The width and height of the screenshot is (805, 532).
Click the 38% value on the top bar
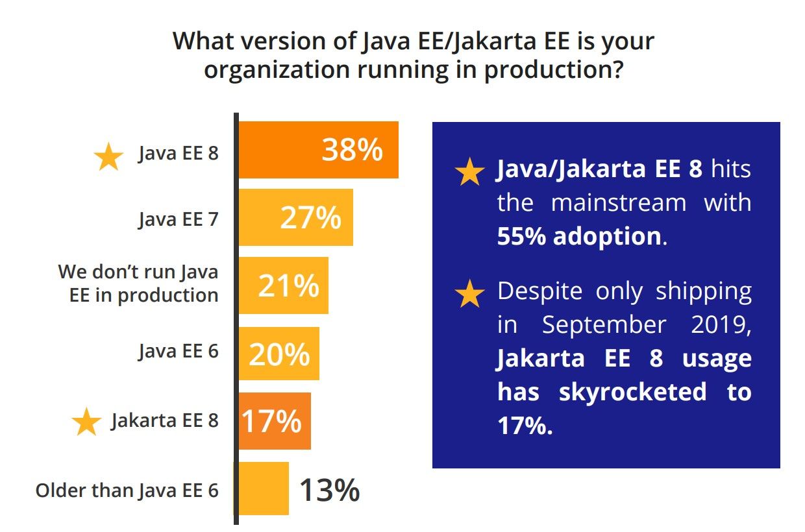click(352, 151)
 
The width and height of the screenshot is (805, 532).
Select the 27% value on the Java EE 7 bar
click(310, 218)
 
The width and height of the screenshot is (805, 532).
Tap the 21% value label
click(288, 285)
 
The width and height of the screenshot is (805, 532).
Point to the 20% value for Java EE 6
click(279, 354)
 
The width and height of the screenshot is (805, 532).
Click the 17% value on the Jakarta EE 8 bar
click(272, 421)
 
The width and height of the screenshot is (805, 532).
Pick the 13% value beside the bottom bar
click(329, 490)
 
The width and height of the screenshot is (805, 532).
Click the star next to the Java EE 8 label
click(108, 158)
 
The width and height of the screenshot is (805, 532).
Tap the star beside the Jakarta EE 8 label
click(86, 423)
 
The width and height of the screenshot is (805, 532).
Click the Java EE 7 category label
click(178, 219)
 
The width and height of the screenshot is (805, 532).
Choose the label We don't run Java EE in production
click(138, 283)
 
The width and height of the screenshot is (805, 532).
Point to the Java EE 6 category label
click(178, 352)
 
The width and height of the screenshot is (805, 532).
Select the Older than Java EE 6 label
click(127, 490)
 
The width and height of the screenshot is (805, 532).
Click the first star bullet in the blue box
click(469, 173)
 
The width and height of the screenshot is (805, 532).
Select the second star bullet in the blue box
click(469, 295)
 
